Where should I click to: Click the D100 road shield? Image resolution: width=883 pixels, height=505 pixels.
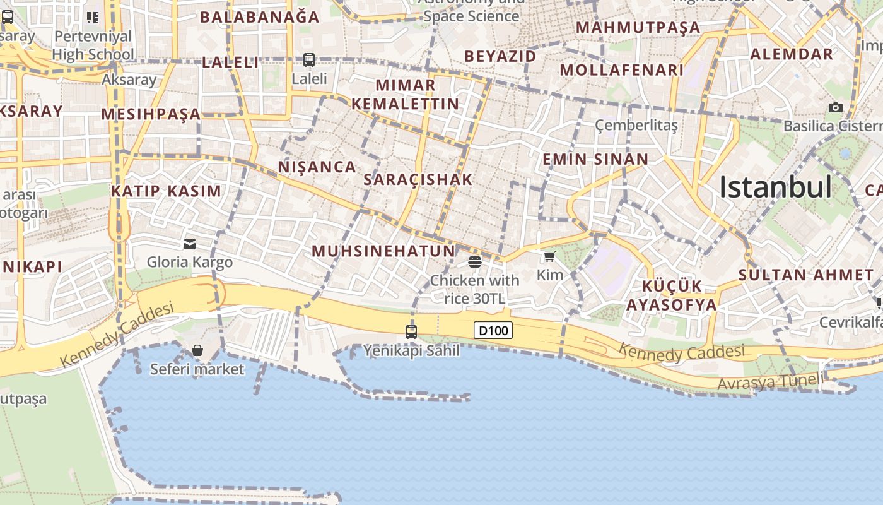[493, 330]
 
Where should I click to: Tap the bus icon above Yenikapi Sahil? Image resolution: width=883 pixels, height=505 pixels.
[411, 331]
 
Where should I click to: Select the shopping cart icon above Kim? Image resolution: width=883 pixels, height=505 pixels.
[550, 256]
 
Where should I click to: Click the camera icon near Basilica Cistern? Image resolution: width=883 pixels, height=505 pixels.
[836, 107]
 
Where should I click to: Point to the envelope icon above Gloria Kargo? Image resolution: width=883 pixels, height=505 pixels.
[190, 244]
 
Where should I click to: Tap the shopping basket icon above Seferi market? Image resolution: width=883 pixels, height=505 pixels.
[197, 350]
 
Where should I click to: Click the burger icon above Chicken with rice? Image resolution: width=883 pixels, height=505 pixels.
[475, 261]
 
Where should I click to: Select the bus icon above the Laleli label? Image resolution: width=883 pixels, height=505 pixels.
[309, 60]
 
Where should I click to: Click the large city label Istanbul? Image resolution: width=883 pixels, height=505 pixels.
[775, 187]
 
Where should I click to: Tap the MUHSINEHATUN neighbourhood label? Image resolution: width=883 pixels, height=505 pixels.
[383, 251]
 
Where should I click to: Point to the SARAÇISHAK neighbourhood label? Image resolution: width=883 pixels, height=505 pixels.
[418, 180]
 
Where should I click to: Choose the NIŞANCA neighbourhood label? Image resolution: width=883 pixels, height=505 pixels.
[317, 167]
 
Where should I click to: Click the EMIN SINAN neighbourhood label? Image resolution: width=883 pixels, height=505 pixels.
[595, 159]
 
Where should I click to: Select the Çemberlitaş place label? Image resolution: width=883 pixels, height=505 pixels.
[636, 125]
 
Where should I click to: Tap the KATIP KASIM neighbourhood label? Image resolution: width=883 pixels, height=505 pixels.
[167, 191]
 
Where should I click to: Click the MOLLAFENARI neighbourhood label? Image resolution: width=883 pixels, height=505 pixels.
[622, 70]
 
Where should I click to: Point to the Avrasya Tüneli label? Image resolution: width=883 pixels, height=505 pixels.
[770, 381]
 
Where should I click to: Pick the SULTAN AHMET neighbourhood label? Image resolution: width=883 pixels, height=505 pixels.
[805, 275]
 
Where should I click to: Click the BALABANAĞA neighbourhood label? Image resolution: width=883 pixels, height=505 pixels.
[260, 17]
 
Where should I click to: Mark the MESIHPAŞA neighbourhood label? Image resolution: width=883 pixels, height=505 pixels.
[151, 114]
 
